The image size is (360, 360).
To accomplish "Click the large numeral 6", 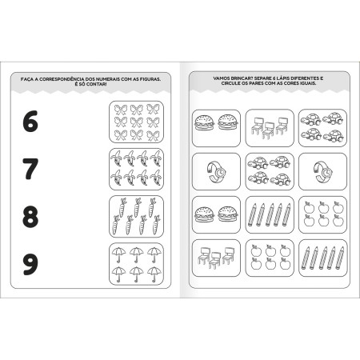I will (x=30, y=122).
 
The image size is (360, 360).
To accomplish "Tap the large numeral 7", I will (x=30, y=169).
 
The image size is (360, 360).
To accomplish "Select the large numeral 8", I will (x=30, y=216).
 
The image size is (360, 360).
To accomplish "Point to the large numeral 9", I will (x=30, y=262).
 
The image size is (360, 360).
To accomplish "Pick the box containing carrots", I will (x=135, y=215).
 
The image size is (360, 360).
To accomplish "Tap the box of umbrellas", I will (x=135, y=263).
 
